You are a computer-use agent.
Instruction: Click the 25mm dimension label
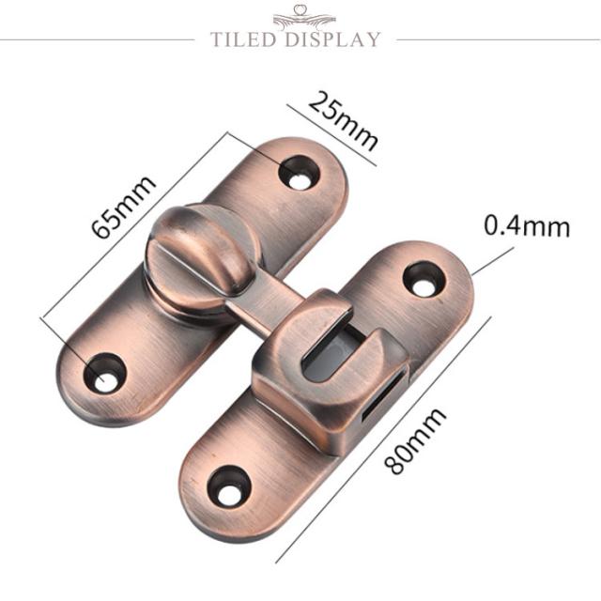tap(343, 120)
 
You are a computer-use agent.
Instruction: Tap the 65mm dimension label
tap(123, 207)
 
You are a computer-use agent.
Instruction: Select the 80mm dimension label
tap(415, 440)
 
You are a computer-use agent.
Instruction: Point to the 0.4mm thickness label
tap(527, 226)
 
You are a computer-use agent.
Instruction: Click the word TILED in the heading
tap(243, 39)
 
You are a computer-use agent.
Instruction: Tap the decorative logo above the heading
tap(304, 17)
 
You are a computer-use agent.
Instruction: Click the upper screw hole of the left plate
tap(299, 173)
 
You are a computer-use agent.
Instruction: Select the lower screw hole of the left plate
tap(105, 373)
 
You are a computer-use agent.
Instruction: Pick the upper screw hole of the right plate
tap(424, 279)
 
